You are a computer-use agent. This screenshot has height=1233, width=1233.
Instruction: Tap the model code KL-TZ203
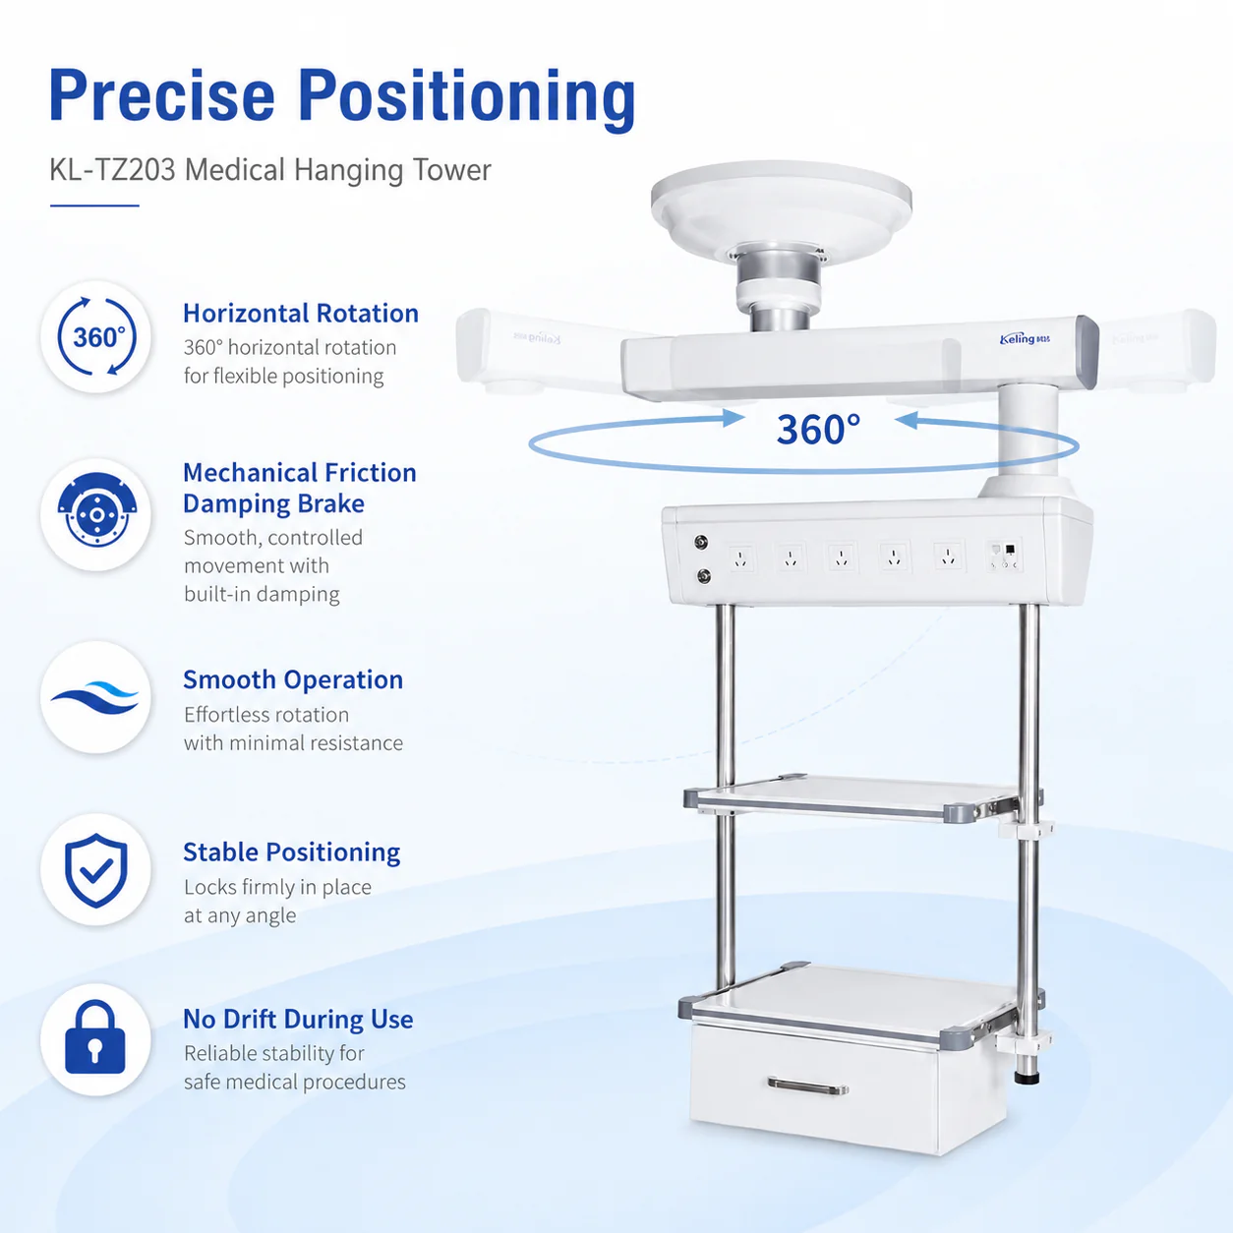click(112, 170)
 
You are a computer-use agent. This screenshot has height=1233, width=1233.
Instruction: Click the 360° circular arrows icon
click(96, 336)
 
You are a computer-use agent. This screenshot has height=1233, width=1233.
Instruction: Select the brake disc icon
click(96, 510)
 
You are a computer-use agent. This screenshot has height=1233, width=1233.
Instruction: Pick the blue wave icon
click(95, 697)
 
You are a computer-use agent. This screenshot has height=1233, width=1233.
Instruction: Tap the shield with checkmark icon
click(96, 870)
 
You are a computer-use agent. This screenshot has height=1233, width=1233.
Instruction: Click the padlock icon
click(95, 1036)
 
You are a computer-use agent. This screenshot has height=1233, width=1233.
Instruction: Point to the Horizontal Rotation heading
click(301, 314)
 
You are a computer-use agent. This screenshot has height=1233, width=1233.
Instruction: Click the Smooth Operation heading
click(293, 680)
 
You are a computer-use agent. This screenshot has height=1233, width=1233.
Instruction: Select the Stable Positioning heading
click(292, 852)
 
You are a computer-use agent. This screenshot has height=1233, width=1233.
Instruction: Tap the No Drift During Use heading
click(298, 1020)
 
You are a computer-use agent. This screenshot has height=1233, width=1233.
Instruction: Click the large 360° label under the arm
click(818, 429)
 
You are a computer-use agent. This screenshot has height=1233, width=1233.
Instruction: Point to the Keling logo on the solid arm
click(1025, 338)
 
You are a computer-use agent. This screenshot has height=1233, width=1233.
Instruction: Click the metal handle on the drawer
click(808, 1086)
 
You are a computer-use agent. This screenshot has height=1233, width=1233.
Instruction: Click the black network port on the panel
click(1010, 549)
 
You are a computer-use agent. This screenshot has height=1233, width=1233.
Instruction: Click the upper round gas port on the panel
click(701, 542)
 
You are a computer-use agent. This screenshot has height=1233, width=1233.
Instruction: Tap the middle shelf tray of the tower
click(857, 798)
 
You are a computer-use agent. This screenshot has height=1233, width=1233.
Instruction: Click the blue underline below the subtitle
click(94, 205)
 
